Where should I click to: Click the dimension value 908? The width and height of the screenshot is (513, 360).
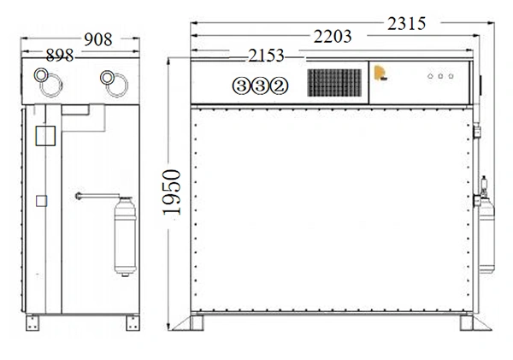(98, 39)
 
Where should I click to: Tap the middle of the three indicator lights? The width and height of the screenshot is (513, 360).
(439, 76)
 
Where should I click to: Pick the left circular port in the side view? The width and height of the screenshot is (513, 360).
(44, 79)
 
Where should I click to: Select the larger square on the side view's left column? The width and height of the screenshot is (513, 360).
(43, 137)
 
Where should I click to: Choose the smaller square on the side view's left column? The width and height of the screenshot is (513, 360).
(40, 200)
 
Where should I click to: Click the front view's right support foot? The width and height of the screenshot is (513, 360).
(469, 325)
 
